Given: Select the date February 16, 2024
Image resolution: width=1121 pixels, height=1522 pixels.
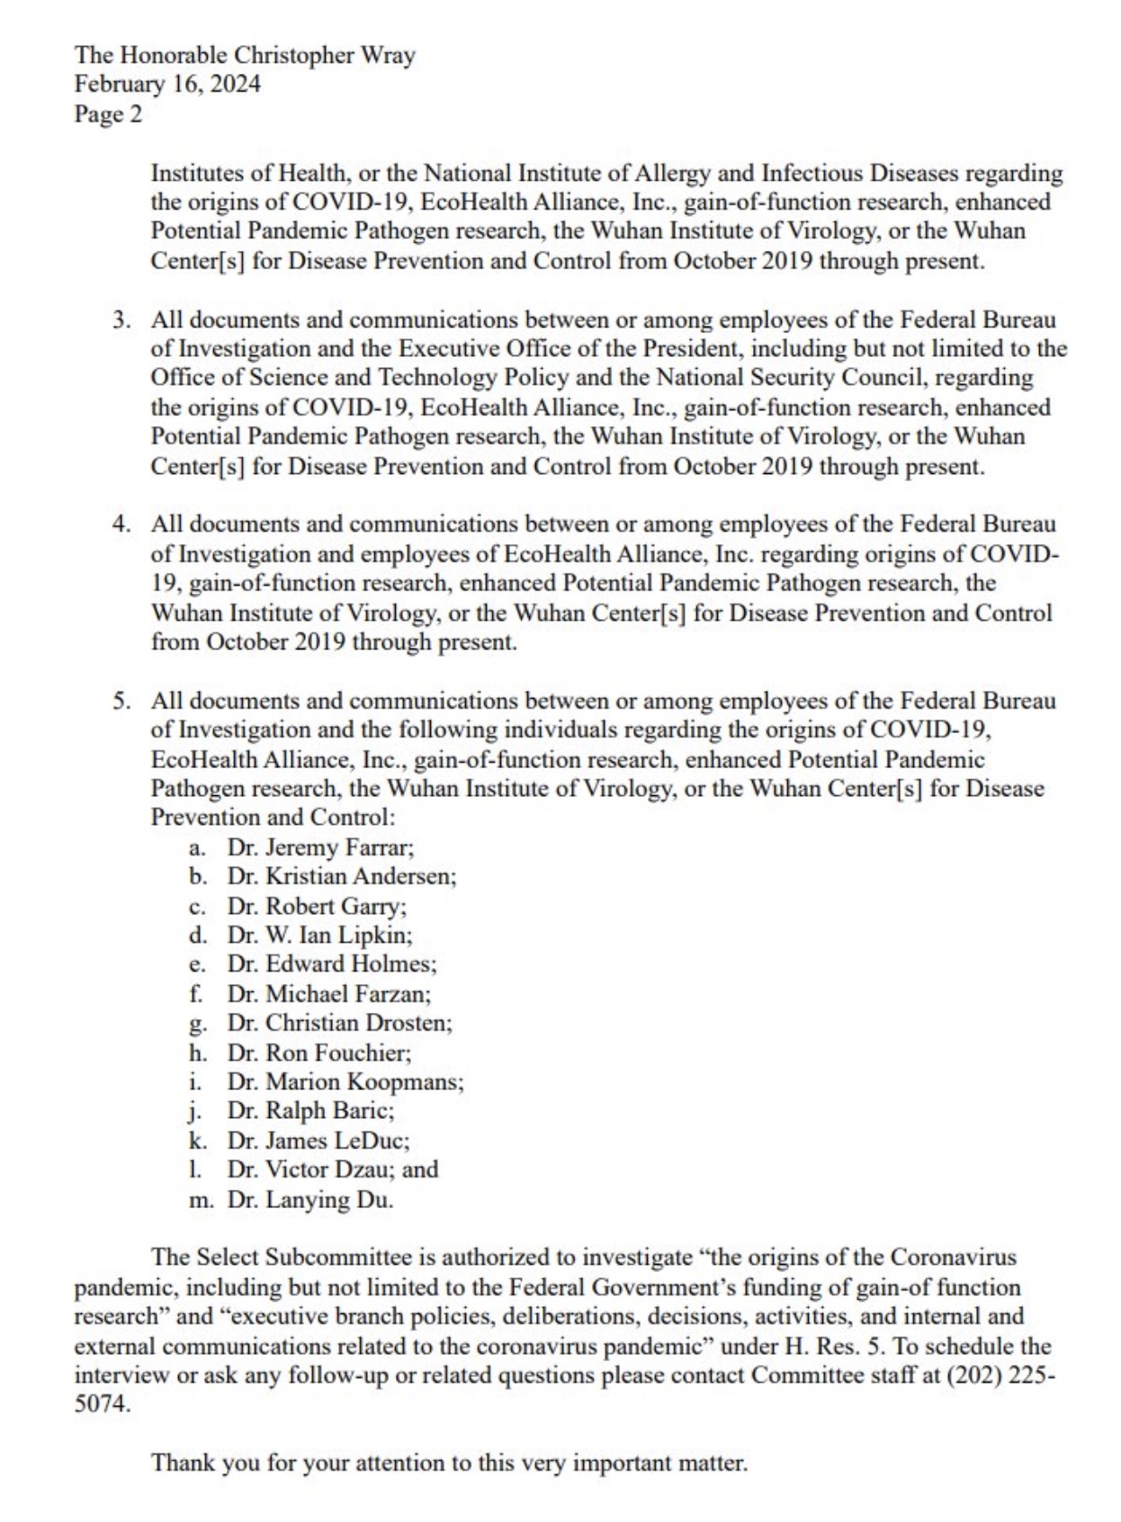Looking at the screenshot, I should click(167, 85).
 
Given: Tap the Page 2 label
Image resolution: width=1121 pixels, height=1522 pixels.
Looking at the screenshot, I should click(108, 114).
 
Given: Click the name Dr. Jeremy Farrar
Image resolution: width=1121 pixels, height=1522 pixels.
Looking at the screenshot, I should click(320, 847).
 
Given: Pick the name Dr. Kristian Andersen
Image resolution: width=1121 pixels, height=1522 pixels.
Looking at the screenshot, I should click(342, 876).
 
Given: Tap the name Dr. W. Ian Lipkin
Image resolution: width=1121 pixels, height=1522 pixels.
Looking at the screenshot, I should click(319, 935).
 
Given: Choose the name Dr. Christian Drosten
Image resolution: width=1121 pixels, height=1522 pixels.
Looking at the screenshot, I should click(339, 1023).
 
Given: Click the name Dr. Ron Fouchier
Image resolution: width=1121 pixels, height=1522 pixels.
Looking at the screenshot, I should click(318, 1052).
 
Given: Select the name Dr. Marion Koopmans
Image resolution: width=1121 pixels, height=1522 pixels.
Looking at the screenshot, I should click(345, 1081).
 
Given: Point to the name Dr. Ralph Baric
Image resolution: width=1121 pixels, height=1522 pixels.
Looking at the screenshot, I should click(310, 1111).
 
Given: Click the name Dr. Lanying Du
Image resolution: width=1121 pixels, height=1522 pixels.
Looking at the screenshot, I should click(310, 1200).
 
